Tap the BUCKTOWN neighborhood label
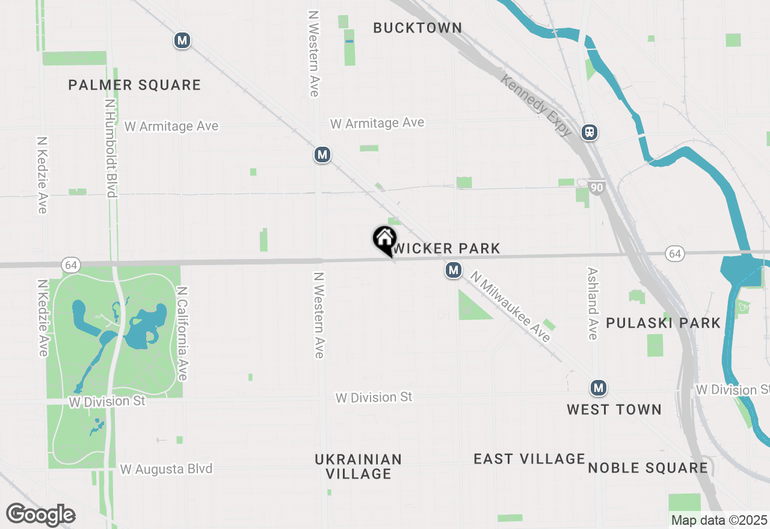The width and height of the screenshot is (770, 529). [x=417, y=28]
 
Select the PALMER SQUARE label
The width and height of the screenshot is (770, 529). [x=134, y=85]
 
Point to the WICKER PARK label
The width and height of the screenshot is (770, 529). [x=447, y=248]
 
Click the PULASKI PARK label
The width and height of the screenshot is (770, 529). [x=663, y=323]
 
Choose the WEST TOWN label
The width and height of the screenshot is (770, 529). [x=614, y=409]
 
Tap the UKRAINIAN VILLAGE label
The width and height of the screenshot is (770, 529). [x=359, y=466]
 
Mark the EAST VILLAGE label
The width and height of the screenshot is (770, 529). [x=529, y=459]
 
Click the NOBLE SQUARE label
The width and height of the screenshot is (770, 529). [x=648, y=468]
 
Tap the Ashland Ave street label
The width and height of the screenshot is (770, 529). [x=593, y=303]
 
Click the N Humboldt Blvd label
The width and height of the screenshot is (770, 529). [x=110, y=148]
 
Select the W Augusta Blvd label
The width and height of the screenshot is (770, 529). [x=166, y=469]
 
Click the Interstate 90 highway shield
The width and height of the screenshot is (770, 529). [x=596, y=188]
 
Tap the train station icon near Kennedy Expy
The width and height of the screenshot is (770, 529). [x=590, y=132]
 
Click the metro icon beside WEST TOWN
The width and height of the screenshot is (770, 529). [x=598, y=388]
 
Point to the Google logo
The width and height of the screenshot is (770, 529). [x=40, y=515]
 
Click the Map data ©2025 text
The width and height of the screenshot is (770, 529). [x=719, y=520]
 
